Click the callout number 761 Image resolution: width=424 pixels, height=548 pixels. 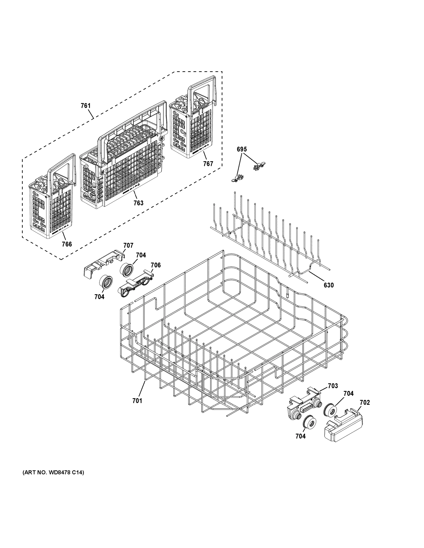[85, 106]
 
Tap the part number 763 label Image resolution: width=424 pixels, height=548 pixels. [139, 203]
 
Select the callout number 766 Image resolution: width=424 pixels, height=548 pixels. [67, 244]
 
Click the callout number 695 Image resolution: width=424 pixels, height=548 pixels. [242, 149]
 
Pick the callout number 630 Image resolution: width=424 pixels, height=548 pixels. [328, 285]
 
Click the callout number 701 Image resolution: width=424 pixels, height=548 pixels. [137, 401]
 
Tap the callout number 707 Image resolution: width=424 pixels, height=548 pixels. [128, 245]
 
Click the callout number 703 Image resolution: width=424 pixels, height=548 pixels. [333, 386]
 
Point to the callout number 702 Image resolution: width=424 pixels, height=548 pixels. [365, 403]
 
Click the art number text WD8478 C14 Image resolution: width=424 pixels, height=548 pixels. [53, 472]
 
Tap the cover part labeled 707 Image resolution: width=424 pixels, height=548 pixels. [103, 263]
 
